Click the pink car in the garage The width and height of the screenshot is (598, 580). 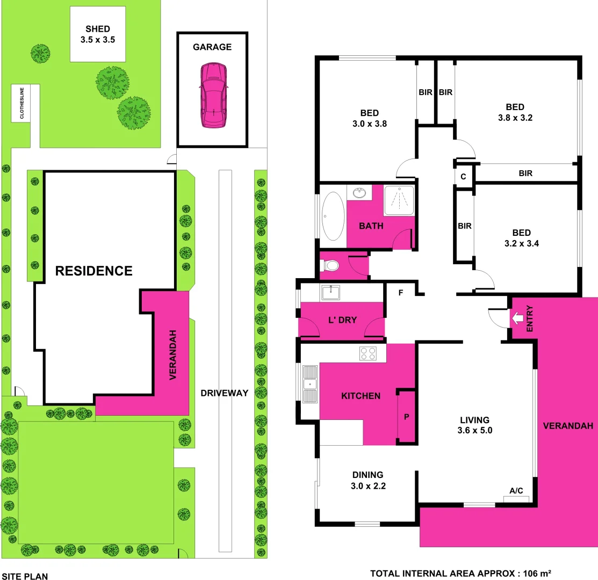(213, 95)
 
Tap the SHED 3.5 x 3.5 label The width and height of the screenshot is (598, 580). (97, 34)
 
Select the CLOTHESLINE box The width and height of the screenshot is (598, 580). (22, 103)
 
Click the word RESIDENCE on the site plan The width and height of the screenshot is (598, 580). (94, 271)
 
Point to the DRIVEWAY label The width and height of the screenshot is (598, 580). (225, 393)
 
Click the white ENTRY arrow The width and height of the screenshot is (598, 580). (516, 318)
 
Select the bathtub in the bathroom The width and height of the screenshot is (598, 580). (333, 216)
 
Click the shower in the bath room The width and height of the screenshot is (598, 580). (399, 200)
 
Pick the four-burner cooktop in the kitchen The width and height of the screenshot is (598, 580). (368, 353)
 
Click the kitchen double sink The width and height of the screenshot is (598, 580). (309, 383)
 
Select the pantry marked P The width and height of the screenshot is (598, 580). (406, 416)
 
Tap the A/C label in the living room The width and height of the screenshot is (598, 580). (516, 491)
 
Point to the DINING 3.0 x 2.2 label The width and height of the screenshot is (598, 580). (368, 480)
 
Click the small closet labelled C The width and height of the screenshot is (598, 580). (464, 176)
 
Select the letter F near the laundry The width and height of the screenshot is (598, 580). (400, 293)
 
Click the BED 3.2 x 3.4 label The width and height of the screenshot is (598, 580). (521, 238)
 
